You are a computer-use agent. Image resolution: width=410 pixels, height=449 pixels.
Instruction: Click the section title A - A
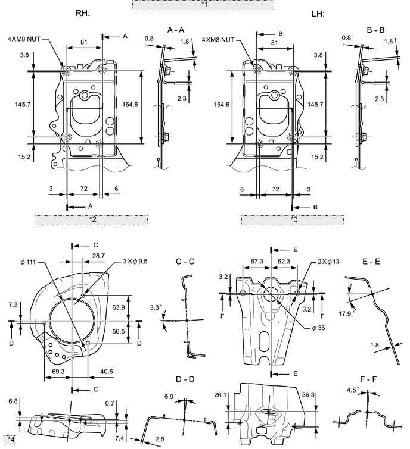tap(176, 30)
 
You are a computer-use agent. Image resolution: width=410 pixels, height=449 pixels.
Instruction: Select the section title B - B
tap(375, 30)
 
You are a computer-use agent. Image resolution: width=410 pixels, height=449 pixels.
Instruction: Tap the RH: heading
tap(83, 13)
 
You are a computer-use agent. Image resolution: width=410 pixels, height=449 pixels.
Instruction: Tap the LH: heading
tap(318, 14)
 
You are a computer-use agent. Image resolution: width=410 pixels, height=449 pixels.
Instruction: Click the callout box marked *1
tap(203, 5)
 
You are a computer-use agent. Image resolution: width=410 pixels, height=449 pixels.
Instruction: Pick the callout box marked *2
tap(91, 220)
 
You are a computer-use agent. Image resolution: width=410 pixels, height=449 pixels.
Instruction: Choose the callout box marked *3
tap(293, 220)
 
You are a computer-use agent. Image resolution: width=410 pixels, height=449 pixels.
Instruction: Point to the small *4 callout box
tap(10, 439)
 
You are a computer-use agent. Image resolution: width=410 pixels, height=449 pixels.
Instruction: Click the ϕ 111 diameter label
tap(28, 262)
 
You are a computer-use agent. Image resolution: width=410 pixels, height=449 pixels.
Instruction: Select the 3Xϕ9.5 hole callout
tap(135, 262)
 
